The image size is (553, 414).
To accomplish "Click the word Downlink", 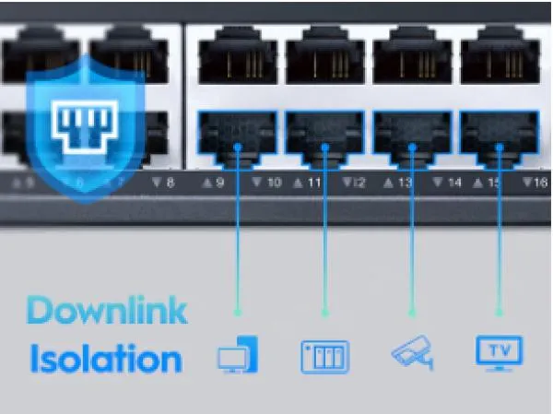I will (x=107, y=312).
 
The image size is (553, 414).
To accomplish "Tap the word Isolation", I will (x=105, y=358).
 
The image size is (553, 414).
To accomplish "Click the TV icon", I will (x=499, y=352).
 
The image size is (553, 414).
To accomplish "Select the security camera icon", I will (x=412, y=353).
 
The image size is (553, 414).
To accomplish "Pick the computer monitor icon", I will (x=238, y=355).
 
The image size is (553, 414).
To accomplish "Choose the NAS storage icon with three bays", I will (x=324, y=356).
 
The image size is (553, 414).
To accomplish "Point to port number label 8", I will (x=164, y=183).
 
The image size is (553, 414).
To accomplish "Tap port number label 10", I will (x=268, y=183).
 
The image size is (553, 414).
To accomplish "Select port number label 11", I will (x=309, y=183).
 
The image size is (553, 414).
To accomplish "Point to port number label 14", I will (x=449, y=183).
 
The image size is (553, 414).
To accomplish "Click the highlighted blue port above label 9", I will (x=238, y=136).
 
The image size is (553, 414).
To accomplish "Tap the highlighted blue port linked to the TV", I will (x=499, y=136).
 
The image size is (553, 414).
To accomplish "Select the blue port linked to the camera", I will (x=412, y=136).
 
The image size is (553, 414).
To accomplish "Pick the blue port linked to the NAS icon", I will (x=324, y=136).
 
